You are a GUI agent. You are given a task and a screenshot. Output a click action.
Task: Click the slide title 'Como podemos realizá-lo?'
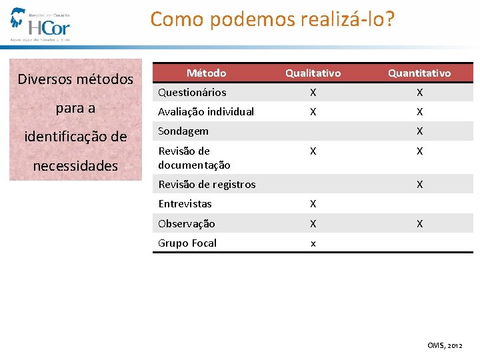(272, 19)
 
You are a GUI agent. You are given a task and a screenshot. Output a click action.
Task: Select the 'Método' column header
(206, 73)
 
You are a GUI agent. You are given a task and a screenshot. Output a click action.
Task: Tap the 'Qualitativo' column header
(313, 73)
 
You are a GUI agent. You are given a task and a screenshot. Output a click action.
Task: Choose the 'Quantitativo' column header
(419, 73)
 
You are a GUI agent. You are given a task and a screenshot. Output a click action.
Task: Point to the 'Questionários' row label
(192, 92)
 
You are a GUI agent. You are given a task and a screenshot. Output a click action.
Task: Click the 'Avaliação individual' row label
(206, 111)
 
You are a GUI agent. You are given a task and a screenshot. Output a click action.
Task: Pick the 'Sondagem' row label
(183, 131)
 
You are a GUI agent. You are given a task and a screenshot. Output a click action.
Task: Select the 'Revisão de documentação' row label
(194, 157)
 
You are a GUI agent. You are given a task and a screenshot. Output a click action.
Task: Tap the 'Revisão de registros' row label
(207, 184)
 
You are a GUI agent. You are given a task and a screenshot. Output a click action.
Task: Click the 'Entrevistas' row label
(185, 203)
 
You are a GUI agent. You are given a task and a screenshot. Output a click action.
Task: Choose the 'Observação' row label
(187, 223)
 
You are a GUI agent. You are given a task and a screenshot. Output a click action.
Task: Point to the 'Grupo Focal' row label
(187, 243)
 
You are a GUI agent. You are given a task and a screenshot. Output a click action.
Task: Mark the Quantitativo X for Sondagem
(419, 131)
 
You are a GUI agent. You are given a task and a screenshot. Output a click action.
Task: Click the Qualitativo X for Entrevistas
(313, 204)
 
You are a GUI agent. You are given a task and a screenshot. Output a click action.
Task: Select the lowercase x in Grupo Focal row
(313, 243)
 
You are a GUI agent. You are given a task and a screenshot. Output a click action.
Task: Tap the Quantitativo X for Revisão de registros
(419, 185)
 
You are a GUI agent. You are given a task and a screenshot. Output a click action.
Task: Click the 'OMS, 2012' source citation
(445, 345)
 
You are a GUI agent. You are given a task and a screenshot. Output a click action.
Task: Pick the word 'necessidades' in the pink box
(75, 166)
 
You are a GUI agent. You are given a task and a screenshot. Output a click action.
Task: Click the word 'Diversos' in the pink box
(45, 79)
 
